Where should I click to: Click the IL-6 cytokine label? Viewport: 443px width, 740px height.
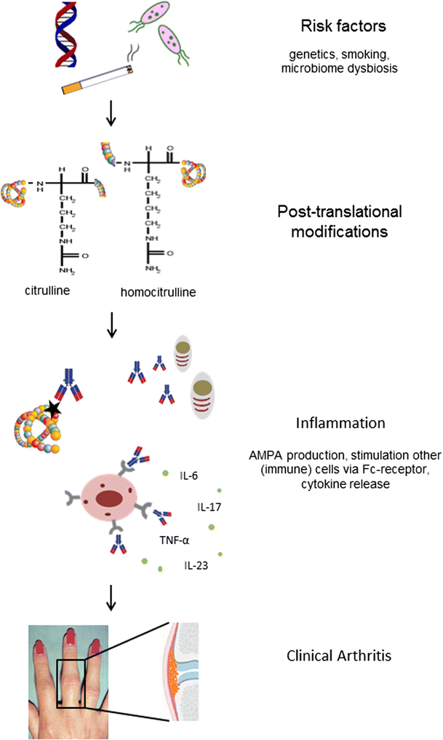(x=189, y=476)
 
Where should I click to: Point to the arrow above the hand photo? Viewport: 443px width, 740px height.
(x=111, y=597)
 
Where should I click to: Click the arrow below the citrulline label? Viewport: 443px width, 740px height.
(x=111, y=327)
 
